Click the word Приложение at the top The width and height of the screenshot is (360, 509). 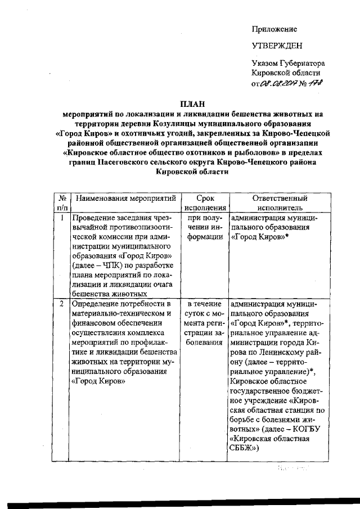(274, 29)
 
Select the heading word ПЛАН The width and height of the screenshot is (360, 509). (192, 103)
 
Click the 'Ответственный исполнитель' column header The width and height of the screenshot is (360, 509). (280, 204)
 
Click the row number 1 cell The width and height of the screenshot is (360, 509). (62, 217)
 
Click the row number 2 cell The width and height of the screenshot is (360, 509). (62, 304)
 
